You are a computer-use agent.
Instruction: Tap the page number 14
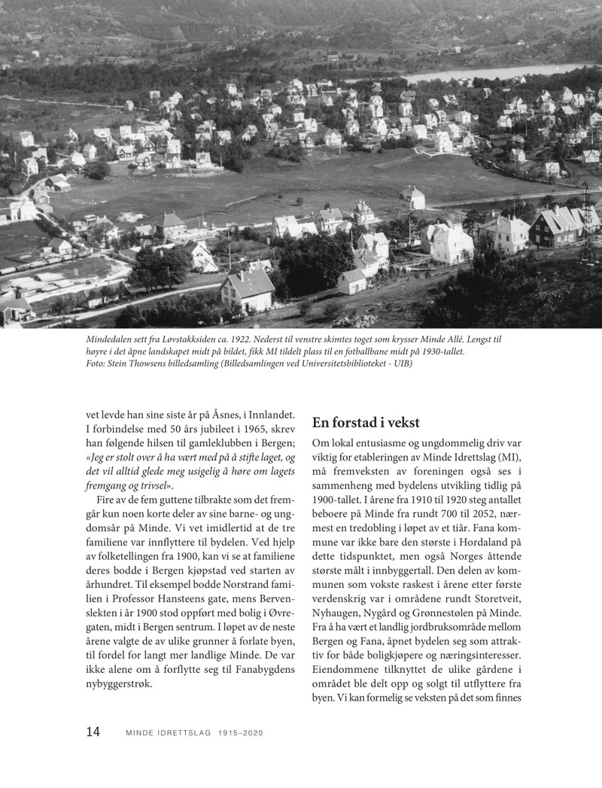point(93,732)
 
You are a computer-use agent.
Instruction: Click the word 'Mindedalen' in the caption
point(114,340)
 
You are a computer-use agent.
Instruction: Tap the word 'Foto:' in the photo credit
point(98,364)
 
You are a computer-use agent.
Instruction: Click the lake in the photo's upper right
point(482,73)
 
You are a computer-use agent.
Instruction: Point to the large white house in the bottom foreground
point(248,289)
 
